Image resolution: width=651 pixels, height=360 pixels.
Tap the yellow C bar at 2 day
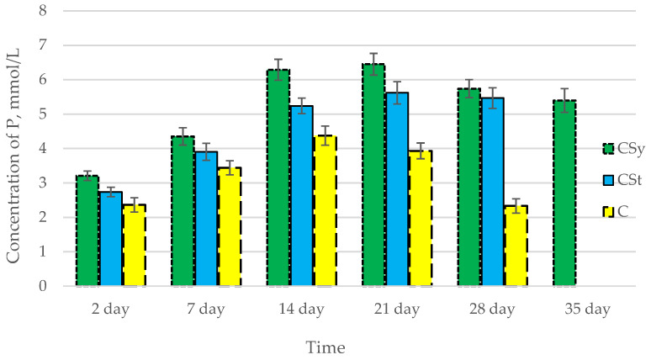click(135, 245)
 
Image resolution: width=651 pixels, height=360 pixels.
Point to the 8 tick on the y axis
click(42, 11)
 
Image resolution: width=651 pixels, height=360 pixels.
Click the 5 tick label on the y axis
click(42, 114)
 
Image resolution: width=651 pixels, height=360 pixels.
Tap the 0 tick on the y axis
click(42, 286)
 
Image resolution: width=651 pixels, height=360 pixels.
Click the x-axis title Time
click(325, 346)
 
